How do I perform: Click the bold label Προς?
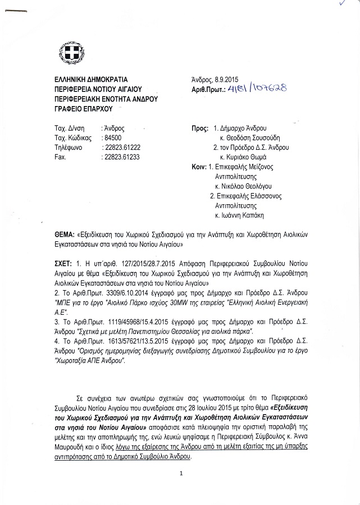point(200,128)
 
